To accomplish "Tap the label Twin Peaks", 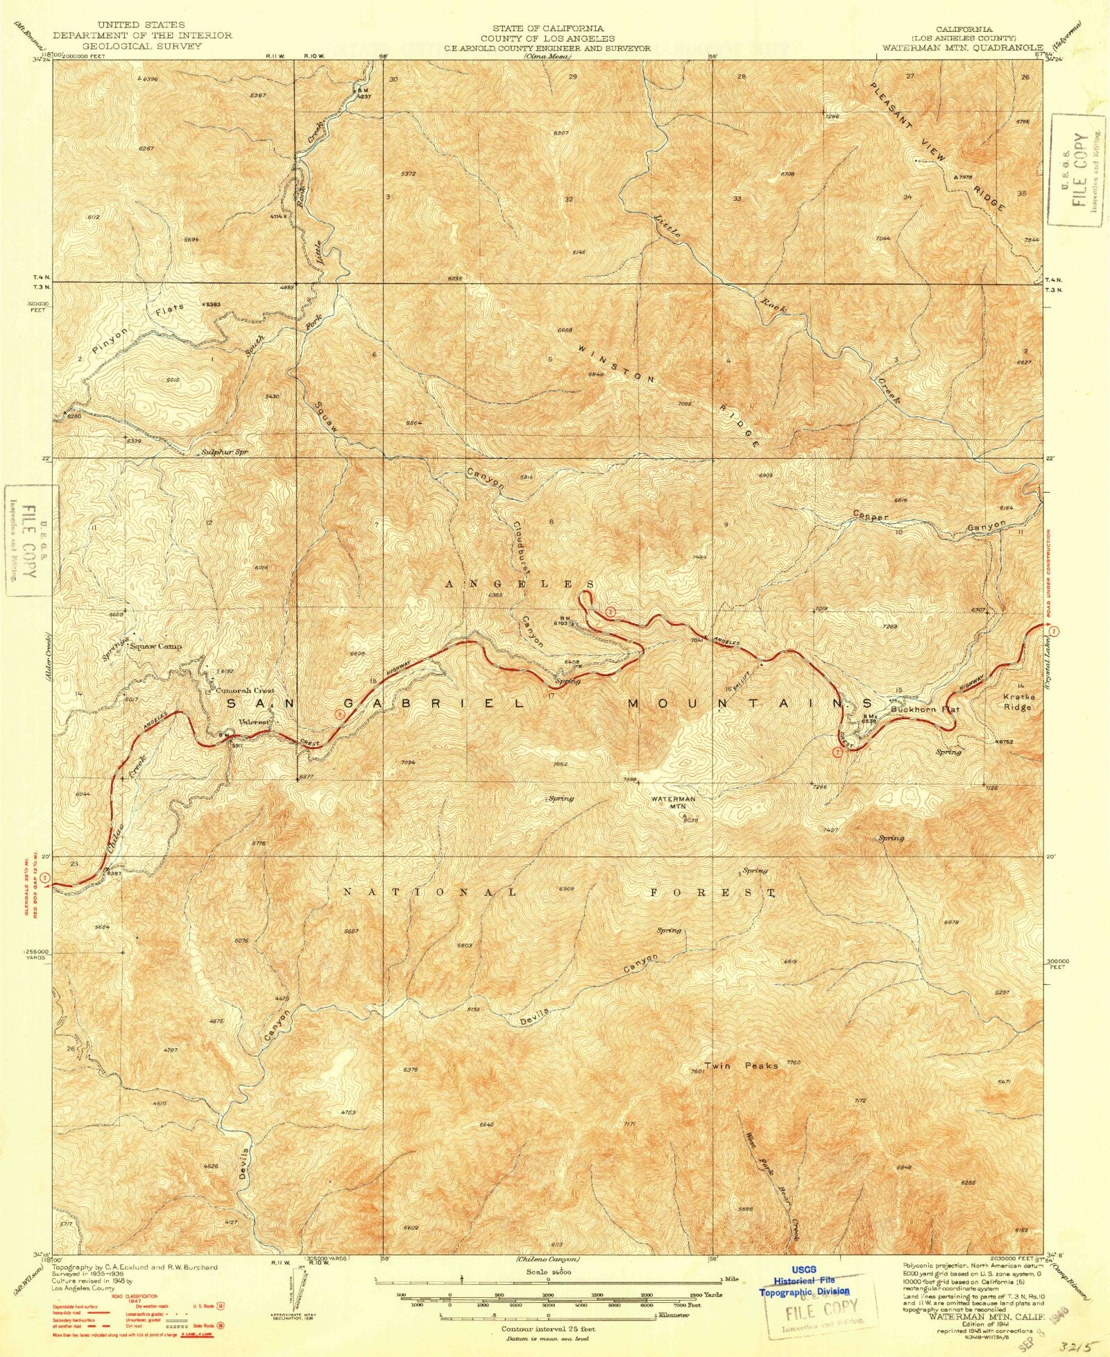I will pyautogui.click(x=740, y=1065).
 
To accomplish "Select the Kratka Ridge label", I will pyautogui.click(x=1018, y=701).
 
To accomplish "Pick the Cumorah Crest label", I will pyautogui.click(x=244, y=691).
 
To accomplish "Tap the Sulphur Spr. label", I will pyautogui.click(x=224, y=452).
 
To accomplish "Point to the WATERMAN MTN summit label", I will pyautogui.click(x=672, y=802).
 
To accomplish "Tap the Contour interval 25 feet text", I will pyautogui.click(x=548, y=1329).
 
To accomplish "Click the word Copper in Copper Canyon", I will pyautogui.click(x=871, y=516).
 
